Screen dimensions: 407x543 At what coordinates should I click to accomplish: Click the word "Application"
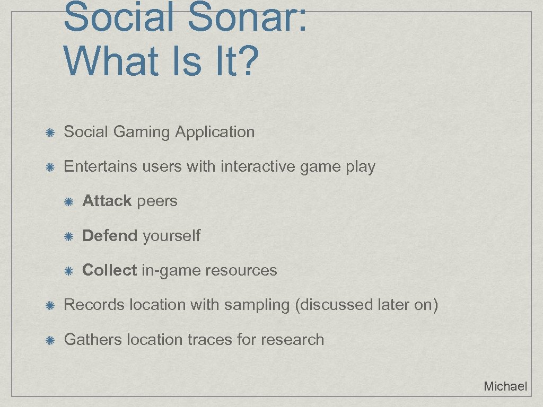click(215, 132)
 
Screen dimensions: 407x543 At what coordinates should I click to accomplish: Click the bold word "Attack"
click(107, 201)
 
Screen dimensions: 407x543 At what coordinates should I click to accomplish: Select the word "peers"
click(157, 201)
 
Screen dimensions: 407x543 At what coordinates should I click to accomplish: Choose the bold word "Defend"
click(110, 236)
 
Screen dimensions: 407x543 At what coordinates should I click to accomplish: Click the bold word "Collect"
click(109, 270)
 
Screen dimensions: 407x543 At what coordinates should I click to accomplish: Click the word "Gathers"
click(93, 340)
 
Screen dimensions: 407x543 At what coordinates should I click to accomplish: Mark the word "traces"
click(211, 340)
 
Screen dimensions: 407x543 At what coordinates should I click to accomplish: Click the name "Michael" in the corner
click(505, 386)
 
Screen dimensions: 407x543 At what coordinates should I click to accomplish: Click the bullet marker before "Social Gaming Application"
click(49, 132)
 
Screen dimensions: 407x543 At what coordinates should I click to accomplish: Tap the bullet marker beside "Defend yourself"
click(68, 236)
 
